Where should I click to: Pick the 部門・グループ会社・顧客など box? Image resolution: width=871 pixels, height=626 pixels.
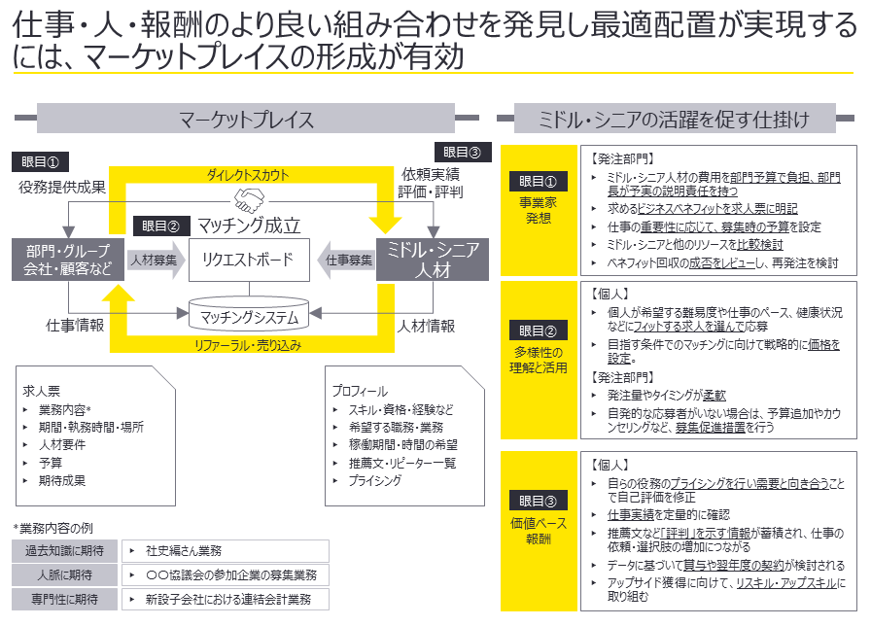[68, 261]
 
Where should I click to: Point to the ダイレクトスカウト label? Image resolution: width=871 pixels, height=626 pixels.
[247, 175]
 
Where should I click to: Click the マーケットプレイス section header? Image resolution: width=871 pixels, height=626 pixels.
[247, 120]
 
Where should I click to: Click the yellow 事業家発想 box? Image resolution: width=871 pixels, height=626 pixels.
[537, 207]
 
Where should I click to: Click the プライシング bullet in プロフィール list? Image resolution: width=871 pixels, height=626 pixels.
[374, 480]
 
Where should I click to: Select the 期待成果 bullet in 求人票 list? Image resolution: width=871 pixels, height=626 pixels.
[61, 479]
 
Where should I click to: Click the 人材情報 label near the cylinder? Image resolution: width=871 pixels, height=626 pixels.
[426, 326]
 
